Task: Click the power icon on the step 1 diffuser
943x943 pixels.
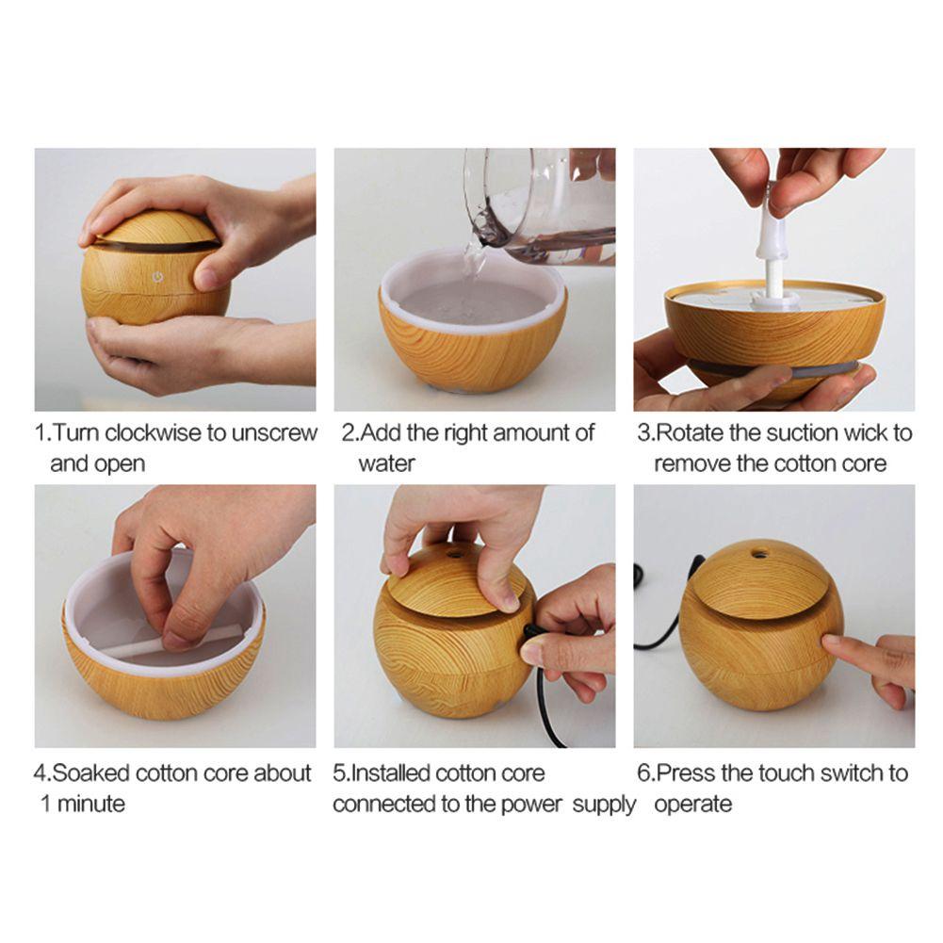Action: click(x=157, y=279)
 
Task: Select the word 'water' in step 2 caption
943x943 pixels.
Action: click(x=386, y=463)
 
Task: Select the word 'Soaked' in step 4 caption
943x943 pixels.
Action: click(x=91, y=773)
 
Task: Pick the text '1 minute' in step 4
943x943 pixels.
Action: click(x=82, y=804)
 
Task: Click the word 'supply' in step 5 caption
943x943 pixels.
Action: click(x=603, y=805)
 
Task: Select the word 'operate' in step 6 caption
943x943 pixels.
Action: click(x=692, y=805)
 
